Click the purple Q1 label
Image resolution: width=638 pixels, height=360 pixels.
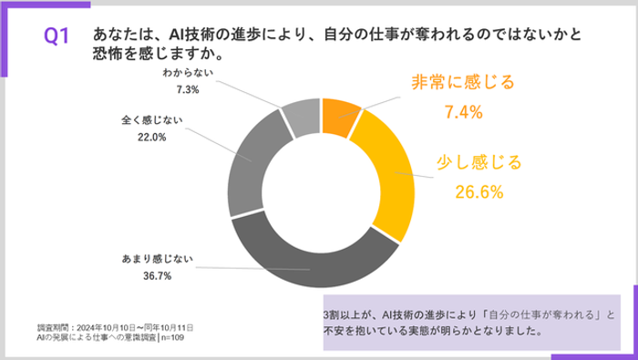pos(57,36)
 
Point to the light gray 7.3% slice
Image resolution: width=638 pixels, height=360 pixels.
pos(301,114)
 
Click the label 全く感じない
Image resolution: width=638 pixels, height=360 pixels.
pos(151,121)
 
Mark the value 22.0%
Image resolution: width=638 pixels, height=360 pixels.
pos(151,139)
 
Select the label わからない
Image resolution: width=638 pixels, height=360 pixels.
pos(189,72)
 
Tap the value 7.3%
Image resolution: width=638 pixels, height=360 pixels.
pos(189,89)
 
